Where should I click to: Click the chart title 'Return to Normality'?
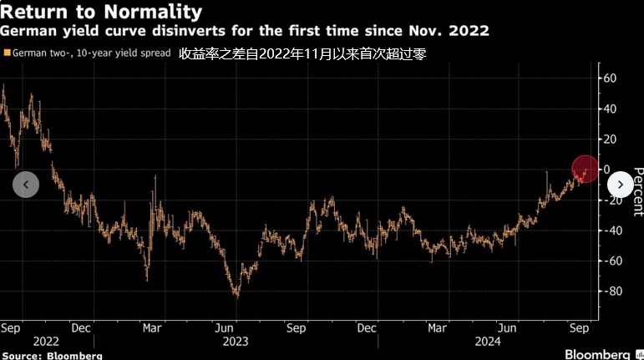click(x=102, y=12)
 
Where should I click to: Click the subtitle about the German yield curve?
click(x=245, y=31)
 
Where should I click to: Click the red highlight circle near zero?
click(x=585, y=170)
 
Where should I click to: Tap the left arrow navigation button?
click(x=26, y=185)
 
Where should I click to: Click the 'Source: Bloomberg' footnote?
click(x=52, y=355)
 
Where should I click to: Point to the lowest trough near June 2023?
click(x=236, y=295)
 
